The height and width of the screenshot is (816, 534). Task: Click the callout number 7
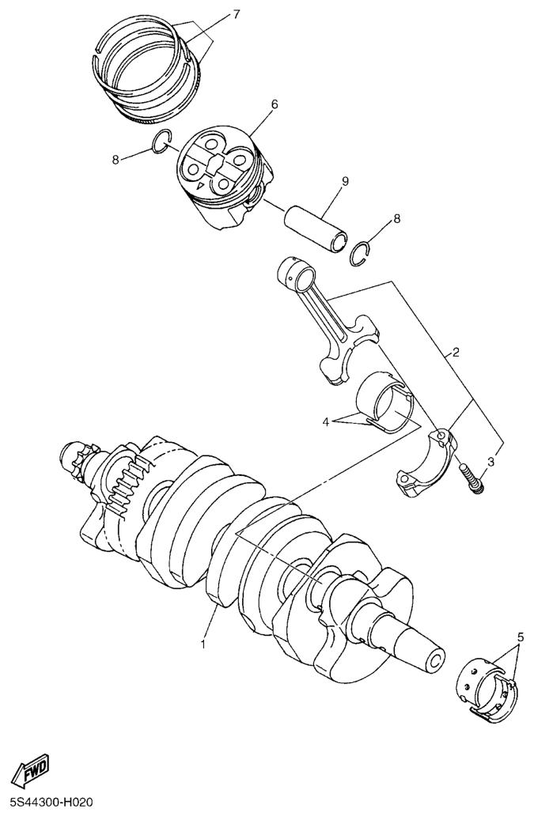(x=236, y=15)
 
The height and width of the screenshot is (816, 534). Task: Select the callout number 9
(x=345, y=181)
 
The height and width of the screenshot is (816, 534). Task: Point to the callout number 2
(x=456, y=352)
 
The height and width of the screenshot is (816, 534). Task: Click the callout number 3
(x=490, y=462)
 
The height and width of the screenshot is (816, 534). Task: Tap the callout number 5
(x=520, y=636)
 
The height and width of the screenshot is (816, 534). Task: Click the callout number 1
(x=203, y=644)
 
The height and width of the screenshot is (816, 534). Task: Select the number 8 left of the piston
(x=116, y=159)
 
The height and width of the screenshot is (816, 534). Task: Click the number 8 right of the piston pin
(x=396, y=217)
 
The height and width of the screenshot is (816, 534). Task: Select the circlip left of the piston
(x=162, y=139)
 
